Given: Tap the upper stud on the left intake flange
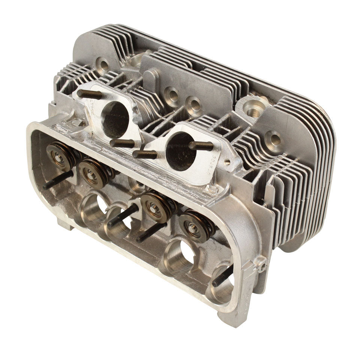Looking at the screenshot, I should [89, 94].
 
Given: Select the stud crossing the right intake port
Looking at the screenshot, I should [201, 146].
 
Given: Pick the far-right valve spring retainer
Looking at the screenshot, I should [193, 226].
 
